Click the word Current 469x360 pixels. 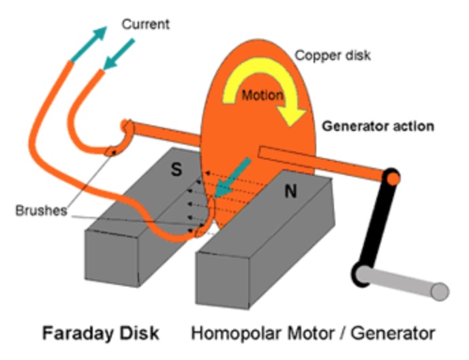coord(145,25)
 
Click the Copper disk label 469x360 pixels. coord(332,55)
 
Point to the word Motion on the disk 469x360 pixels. coord(262,95)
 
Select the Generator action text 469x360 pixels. coord(378,126)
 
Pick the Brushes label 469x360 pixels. coord(41,210)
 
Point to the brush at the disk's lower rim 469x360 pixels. coord(200,232)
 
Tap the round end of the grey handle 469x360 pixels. coord(440,292)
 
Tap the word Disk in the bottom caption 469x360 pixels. coord(138,333)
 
